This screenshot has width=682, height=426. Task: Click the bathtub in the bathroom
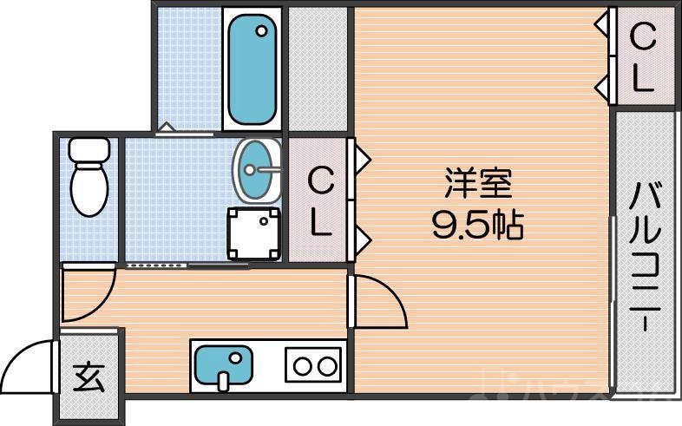(252, 67)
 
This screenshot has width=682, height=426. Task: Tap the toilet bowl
(87, 188)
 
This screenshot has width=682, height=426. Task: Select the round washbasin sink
(257, 169)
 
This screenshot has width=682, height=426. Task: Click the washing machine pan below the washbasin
(255, 233)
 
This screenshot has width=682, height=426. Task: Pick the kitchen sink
(222, 364)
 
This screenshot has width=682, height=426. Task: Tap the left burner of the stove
(303, 365)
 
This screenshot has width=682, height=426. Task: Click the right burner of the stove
(327, 365)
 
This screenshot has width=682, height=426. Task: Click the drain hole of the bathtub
(261, 31)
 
